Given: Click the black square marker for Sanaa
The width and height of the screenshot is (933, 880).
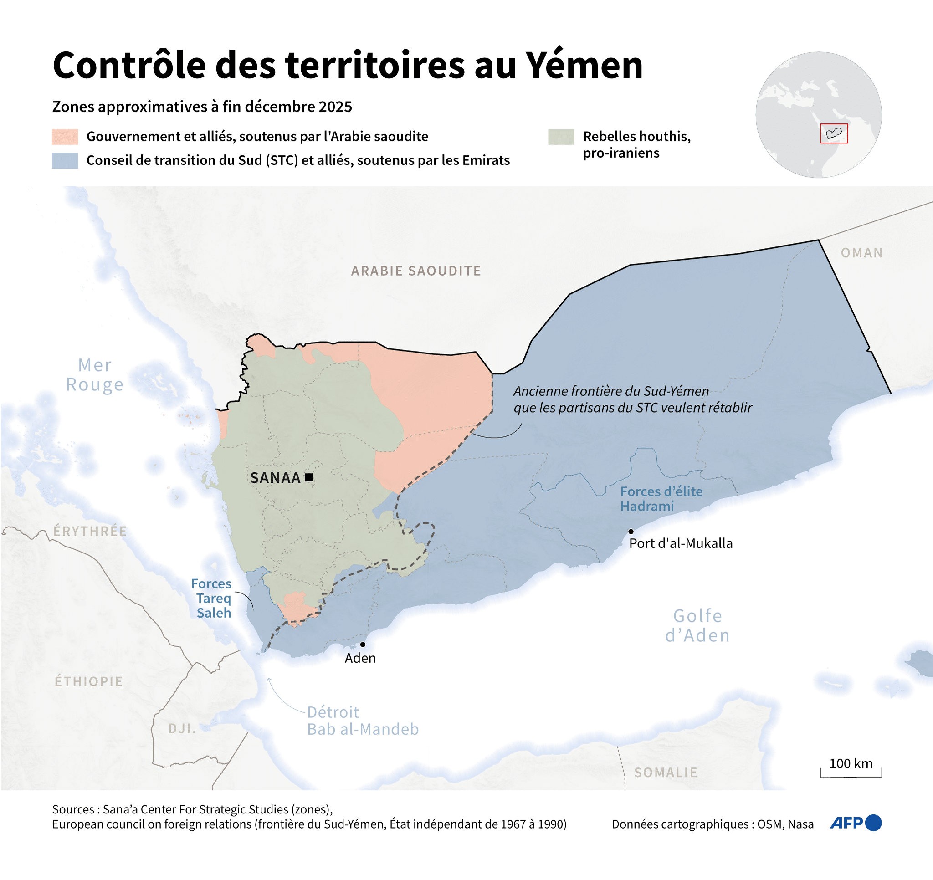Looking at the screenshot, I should (309, 477).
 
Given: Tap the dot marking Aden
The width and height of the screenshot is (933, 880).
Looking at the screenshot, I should (363, 645).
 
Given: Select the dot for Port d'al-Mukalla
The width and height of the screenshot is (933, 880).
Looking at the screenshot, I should (631, 531).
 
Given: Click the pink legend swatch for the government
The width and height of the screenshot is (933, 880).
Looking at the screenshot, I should (65, 137).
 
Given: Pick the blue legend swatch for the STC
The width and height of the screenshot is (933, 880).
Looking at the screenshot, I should (65, 160).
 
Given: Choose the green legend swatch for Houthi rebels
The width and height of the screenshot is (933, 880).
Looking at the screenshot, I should (561, 137).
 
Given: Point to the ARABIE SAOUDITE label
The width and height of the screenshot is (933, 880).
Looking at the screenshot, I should (416, 271).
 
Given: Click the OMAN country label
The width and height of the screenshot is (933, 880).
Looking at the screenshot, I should (861, 253).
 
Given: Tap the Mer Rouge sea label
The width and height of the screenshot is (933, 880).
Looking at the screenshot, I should (95, 374).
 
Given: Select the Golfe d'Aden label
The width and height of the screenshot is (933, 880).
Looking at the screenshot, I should (697, 625).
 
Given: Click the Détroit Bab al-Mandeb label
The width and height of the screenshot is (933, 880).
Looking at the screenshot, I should (362, 721).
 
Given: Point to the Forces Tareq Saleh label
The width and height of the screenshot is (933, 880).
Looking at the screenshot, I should (213, 598).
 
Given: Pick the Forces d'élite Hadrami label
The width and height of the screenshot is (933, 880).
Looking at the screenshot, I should (661, 498).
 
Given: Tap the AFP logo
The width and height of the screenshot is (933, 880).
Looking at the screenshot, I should (856, 823).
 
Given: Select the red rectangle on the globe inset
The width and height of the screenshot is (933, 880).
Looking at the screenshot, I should (834, 133).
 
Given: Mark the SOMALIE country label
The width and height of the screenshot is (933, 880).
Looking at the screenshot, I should (666, 773).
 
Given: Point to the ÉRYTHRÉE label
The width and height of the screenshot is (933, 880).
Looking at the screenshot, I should (90, 531).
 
